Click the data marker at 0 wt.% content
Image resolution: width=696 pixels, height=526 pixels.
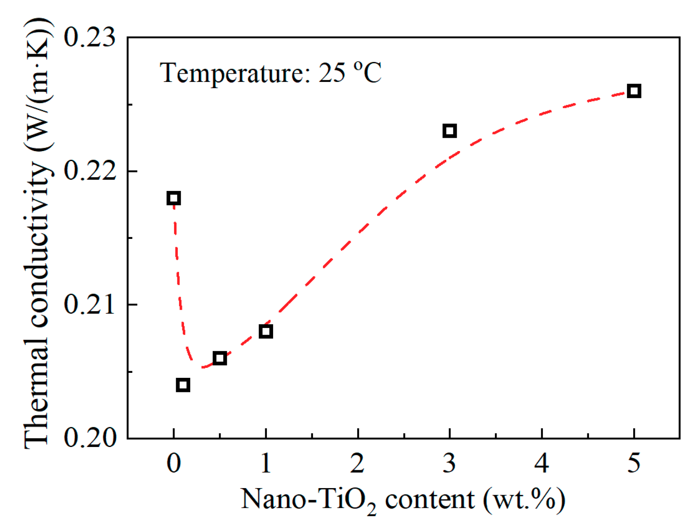pos(174,198)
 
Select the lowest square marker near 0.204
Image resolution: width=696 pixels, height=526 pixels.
pos(183,385)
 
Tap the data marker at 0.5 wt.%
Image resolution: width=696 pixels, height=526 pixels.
pos(220,358)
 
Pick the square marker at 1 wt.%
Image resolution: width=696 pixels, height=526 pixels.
pos(266,332)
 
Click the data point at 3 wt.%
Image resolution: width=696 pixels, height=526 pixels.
pos(450,131)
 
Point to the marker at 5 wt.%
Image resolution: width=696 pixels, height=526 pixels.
pos(634,91)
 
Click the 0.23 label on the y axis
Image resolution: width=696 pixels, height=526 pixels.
pos(89,37)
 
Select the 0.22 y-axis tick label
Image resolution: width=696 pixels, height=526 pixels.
pos(89,171)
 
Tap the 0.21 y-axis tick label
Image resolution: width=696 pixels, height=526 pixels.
pos(89,305)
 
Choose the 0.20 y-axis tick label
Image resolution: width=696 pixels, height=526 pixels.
pos(89,438)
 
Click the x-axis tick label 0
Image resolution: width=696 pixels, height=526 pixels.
pos(174,463)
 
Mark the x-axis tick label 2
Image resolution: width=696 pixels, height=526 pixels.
pos(358,463)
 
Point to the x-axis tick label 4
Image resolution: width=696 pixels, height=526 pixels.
pos(541,463)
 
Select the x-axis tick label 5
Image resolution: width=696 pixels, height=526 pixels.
pos(634,463)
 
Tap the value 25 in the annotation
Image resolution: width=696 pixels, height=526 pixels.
pos(332,73)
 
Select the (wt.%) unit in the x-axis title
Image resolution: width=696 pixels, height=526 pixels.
pos(524,499)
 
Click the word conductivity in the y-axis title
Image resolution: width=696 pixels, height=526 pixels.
pos(37,246)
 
